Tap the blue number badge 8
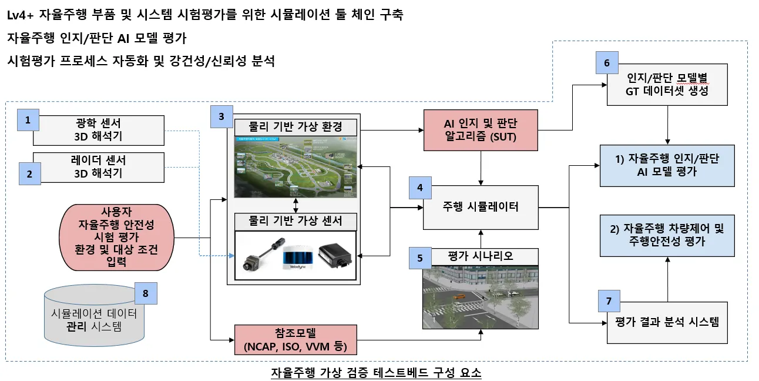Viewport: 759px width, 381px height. pos(146,292)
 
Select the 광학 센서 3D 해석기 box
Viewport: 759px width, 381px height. pos(98,130)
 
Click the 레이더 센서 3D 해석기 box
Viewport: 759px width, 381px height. pos(98,166)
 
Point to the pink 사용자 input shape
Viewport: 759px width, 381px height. pos(117,236)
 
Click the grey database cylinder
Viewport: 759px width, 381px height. pos(94,320)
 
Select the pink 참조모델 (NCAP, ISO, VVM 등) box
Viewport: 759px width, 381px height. pos(295,340)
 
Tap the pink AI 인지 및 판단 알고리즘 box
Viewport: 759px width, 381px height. pos(482,130)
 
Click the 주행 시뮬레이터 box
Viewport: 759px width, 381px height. pos(481,207)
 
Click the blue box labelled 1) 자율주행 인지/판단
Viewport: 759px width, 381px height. pos(667,165)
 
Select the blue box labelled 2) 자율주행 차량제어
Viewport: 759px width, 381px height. pos(667,235)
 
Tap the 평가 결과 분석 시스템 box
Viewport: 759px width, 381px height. pos(667,322)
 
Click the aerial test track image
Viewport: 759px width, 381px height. pos(294,167)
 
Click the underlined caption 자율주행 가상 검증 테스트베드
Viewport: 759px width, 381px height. pos(376,373)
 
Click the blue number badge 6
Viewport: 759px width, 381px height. pos(606,63)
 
